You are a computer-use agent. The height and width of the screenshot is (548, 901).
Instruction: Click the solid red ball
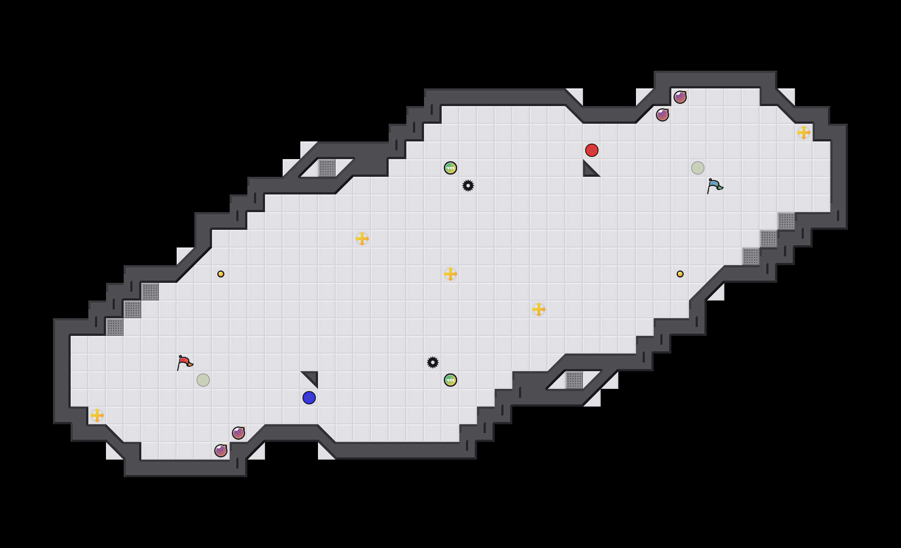point(592,150)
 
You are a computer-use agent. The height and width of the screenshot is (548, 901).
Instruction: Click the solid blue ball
point(309,398)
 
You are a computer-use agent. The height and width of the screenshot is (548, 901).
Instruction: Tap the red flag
point(185,362)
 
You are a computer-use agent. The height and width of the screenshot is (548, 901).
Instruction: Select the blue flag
point(715,186)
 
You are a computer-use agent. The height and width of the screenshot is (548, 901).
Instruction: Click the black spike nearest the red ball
point(468,186)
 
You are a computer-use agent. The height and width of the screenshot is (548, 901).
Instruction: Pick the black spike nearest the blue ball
point(433,362)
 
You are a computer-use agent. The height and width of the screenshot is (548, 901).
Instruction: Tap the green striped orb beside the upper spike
point(450,168)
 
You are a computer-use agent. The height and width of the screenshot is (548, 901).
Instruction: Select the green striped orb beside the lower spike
point(450,380)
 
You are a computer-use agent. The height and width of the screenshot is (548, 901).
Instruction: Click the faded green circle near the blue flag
point(698,168)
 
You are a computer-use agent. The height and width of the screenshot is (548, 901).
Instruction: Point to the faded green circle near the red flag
point(203,380)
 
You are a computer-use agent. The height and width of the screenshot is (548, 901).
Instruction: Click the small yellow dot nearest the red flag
point(221,274)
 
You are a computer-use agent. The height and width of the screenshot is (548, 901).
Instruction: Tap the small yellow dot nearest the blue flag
point(680,274)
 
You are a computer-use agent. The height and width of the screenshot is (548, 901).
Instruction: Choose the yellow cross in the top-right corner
point(804,133)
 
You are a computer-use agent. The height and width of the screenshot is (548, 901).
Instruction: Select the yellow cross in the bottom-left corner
point(97,415)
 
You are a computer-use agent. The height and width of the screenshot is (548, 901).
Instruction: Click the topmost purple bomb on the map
point(680,97)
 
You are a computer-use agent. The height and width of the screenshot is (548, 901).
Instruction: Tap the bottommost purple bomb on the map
point(221,451)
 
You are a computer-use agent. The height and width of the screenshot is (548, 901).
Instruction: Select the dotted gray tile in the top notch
point(327,168)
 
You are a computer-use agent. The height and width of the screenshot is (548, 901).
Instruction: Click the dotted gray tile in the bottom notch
point(574,380)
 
